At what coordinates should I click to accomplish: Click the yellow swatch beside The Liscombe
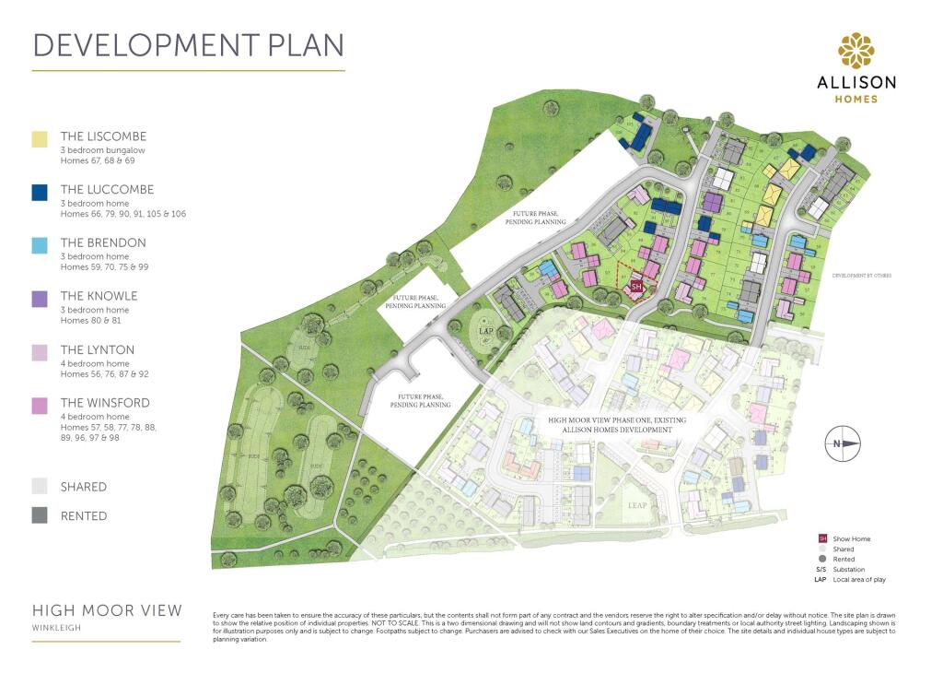[40, 139]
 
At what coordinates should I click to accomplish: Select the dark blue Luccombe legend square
[40, 193]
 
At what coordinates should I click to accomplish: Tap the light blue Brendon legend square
[40, 245]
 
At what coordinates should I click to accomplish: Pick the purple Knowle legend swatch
[40, 299]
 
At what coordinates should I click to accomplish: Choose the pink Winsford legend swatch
[40, 406]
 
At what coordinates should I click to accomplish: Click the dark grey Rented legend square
[40, 516]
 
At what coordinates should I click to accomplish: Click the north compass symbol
[844, 443]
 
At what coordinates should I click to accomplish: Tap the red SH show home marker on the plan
[635, 287]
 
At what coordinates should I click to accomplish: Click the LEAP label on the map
[638, 506]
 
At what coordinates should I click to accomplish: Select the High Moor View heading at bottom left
[107, 611]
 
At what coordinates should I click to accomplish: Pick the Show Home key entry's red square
[822, 538]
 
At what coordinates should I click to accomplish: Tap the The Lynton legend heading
[98, 349]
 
